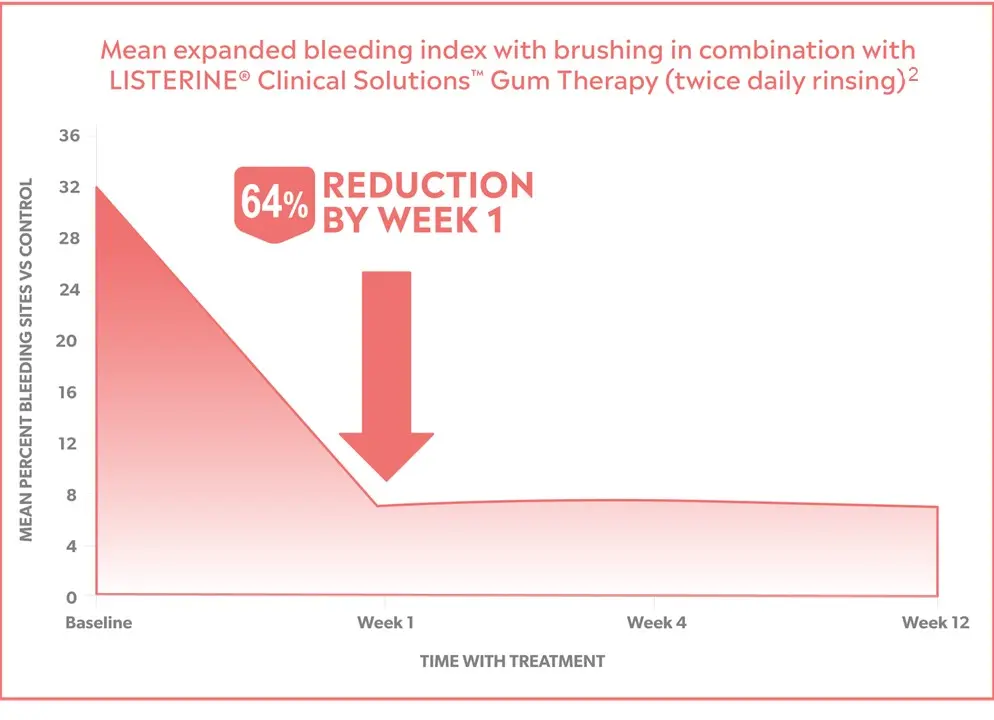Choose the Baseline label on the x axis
click(98, 623)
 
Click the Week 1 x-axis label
click(385, 623)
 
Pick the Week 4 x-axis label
click(656, 623)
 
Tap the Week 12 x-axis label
click(936, 623)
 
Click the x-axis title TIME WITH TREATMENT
click(512, 661)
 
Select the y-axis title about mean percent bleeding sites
click(27, 360)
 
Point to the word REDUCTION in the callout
click(427, 185)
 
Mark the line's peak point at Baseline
click(97, 186)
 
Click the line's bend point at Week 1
click(377, 506)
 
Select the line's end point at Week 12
click(937, 507)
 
